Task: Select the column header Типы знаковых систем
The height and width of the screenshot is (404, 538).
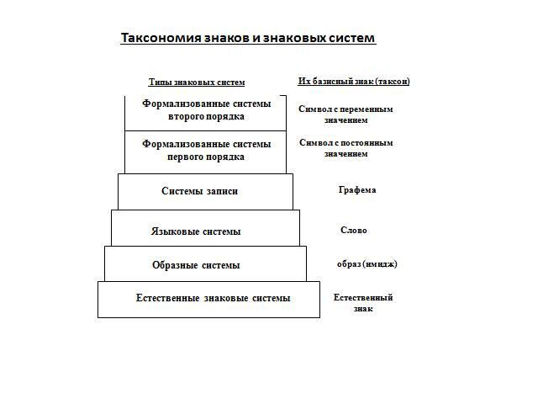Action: pyautogui.click(x=196, y=82)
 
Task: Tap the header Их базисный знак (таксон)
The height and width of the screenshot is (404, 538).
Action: pyautogui.click(x=354, y=81)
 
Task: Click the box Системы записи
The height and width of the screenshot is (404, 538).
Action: pyautogui.click(x=205, y=191)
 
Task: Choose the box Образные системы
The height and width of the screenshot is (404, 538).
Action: pyautogui.click(x=205, y=264)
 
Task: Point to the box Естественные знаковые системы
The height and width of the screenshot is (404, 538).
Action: pyautogui.click(x=208, y=299)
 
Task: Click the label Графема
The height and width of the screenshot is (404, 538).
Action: pyautogui.click(x=357, y=190)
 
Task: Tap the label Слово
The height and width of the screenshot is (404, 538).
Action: pyautogui.click(x=353, y=230)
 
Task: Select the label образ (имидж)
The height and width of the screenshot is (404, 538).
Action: pyautogui.click(x=367, y=263)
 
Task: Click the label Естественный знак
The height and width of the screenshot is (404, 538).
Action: pyautogui.click(x=363, y=302)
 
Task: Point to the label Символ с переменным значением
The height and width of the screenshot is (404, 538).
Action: pyautogui.click(x=345, y=114)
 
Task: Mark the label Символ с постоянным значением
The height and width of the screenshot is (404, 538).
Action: pyautogui.click(x=345, y=148)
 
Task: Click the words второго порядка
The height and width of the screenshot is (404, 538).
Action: pyautogui.click(x=207, y=116)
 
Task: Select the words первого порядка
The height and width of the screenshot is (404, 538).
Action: pyautogui.click(x=207, y=157)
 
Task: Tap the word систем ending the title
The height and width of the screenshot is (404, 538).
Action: pyautogui.click(x=351, y=38)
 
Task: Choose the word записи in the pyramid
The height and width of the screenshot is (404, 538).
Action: pyautogui.click(x=223, y=191)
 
